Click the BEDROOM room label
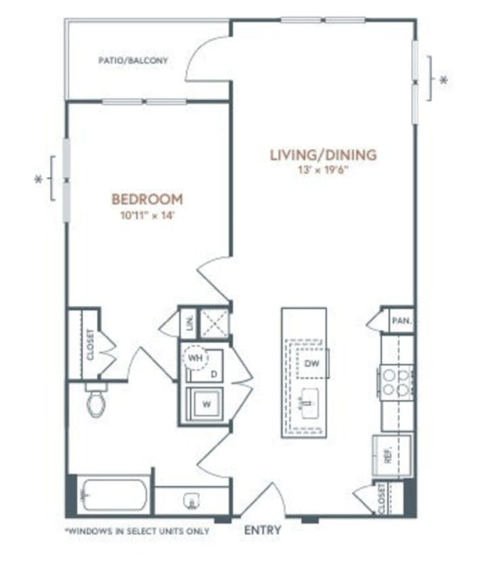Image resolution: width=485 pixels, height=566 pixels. click(x=147, y=199)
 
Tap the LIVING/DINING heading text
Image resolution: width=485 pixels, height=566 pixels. click(x=324, y=155)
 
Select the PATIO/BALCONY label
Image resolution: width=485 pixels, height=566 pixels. click(x=133, y=61)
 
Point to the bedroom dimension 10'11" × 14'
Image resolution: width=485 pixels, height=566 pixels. click(x=148, y=216)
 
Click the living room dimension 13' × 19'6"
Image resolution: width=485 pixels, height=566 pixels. click(x=323, y=170)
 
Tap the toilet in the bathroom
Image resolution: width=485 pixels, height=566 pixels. click(x=96, y=400)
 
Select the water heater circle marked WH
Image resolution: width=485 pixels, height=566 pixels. click(x=196, y=358)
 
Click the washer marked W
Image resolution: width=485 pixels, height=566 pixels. click(x=206, y=404)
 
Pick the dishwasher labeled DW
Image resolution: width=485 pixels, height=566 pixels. click(x=312, y=363)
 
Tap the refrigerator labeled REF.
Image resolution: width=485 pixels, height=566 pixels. click(x=392, y=455)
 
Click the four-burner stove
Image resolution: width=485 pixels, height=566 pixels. click(x=396, y=382)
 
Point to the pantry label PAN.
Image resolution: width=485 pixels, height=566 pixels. click(x=402, y=320)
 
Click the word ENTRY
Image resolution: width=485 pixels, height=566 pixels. click(x=263, y=530)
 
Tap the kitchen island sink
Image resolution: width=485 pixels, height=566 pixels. click(x=310, y=403)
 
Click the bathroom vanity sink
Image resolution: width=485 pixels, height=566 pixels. click(x=191, y=501)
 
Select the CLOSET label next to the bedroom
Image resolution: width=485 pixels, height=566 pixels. click(x=90, y=344)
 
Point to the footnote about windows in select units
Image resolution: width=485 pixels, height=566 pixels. click(x=137, y=531)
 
